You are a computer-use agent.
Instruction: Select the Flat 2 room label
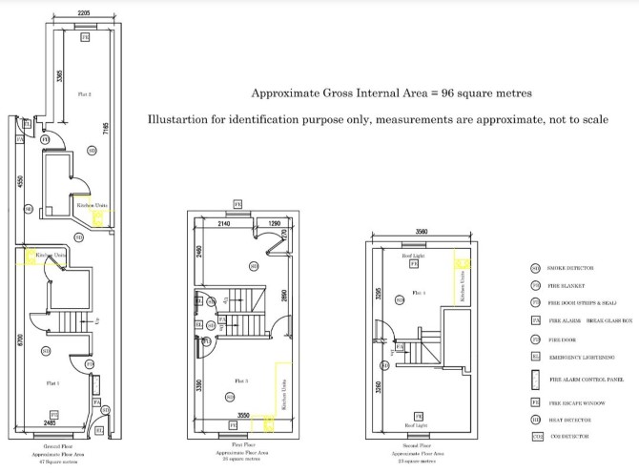85,93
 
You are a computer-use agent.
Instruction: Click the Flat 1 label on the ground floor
52,381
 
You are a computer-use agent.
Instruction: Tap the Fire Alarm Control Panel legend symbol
536,379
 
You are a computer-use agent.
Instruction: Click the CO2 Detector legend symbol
536,437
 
